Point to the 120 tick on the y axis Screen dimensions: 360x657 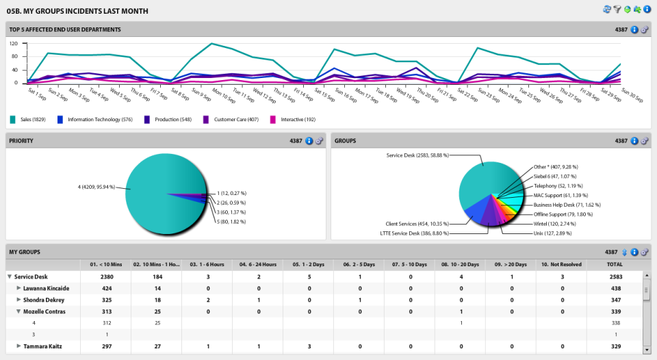click(x=13, y=42)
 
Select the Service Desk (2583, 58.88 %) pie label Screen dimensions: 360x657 click(x=417, y=155)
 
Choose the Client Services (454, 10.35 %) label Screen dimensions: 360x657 click(x=417, y=224)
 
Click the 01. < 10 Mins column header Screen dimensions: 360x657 click(x=106, y=263)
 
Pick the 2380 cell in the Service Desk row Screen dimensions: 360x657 click(x=106, y=277)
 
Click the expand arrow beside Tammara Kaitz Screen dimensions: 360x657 click(x=18, y=346)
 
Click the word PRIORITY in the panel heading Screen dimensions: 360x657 click(x=21, y=141)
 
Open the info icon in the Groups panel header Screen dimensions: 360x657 click(x=634, y=141)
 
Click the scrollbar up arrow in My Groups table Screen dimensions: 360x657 click(x=646, y=275)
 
